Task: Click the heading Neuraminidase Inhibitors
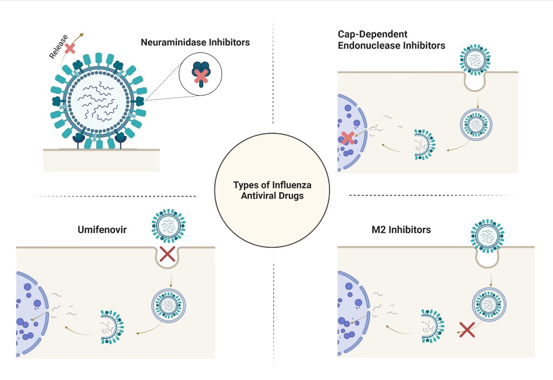pyautogui.click(x=195, y=42)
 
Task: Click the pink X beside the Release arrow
pyautogui.click(x=70, y=49)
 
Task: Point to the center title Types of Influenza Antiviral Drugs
pyautogui.click(x=272, y=190)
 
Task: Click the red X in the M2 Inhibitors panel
pyautogui.click(x=467, y=329)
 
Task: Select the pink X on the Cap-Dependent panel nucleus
pyautogui.click(x=348, y=138)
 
